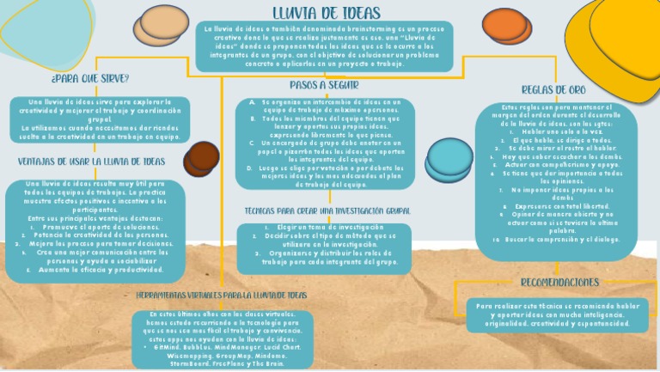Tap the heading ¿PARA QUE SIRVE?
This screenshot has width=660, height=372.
[x=90, y=78]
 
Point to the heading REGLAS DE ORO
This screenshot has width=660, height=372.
[x=554, y=89]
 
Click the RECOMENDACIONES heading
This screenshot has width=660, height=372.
[x=559, y=282]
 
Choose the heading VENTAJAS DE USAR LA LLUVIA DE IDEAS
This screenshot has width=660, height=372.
[x=91, y=161]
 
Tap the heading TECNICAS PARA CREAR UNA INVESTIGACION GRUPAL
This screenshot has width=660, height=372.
[x=326, y=210]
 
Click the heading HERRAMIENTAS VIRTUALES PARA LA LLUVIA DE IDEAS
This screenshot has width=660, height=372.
[x=222, y=295]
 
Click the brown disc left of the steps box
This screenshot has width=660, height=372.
[x=203, y=158]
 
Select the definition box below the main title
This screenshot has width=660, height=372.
[x=324, y=46]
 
